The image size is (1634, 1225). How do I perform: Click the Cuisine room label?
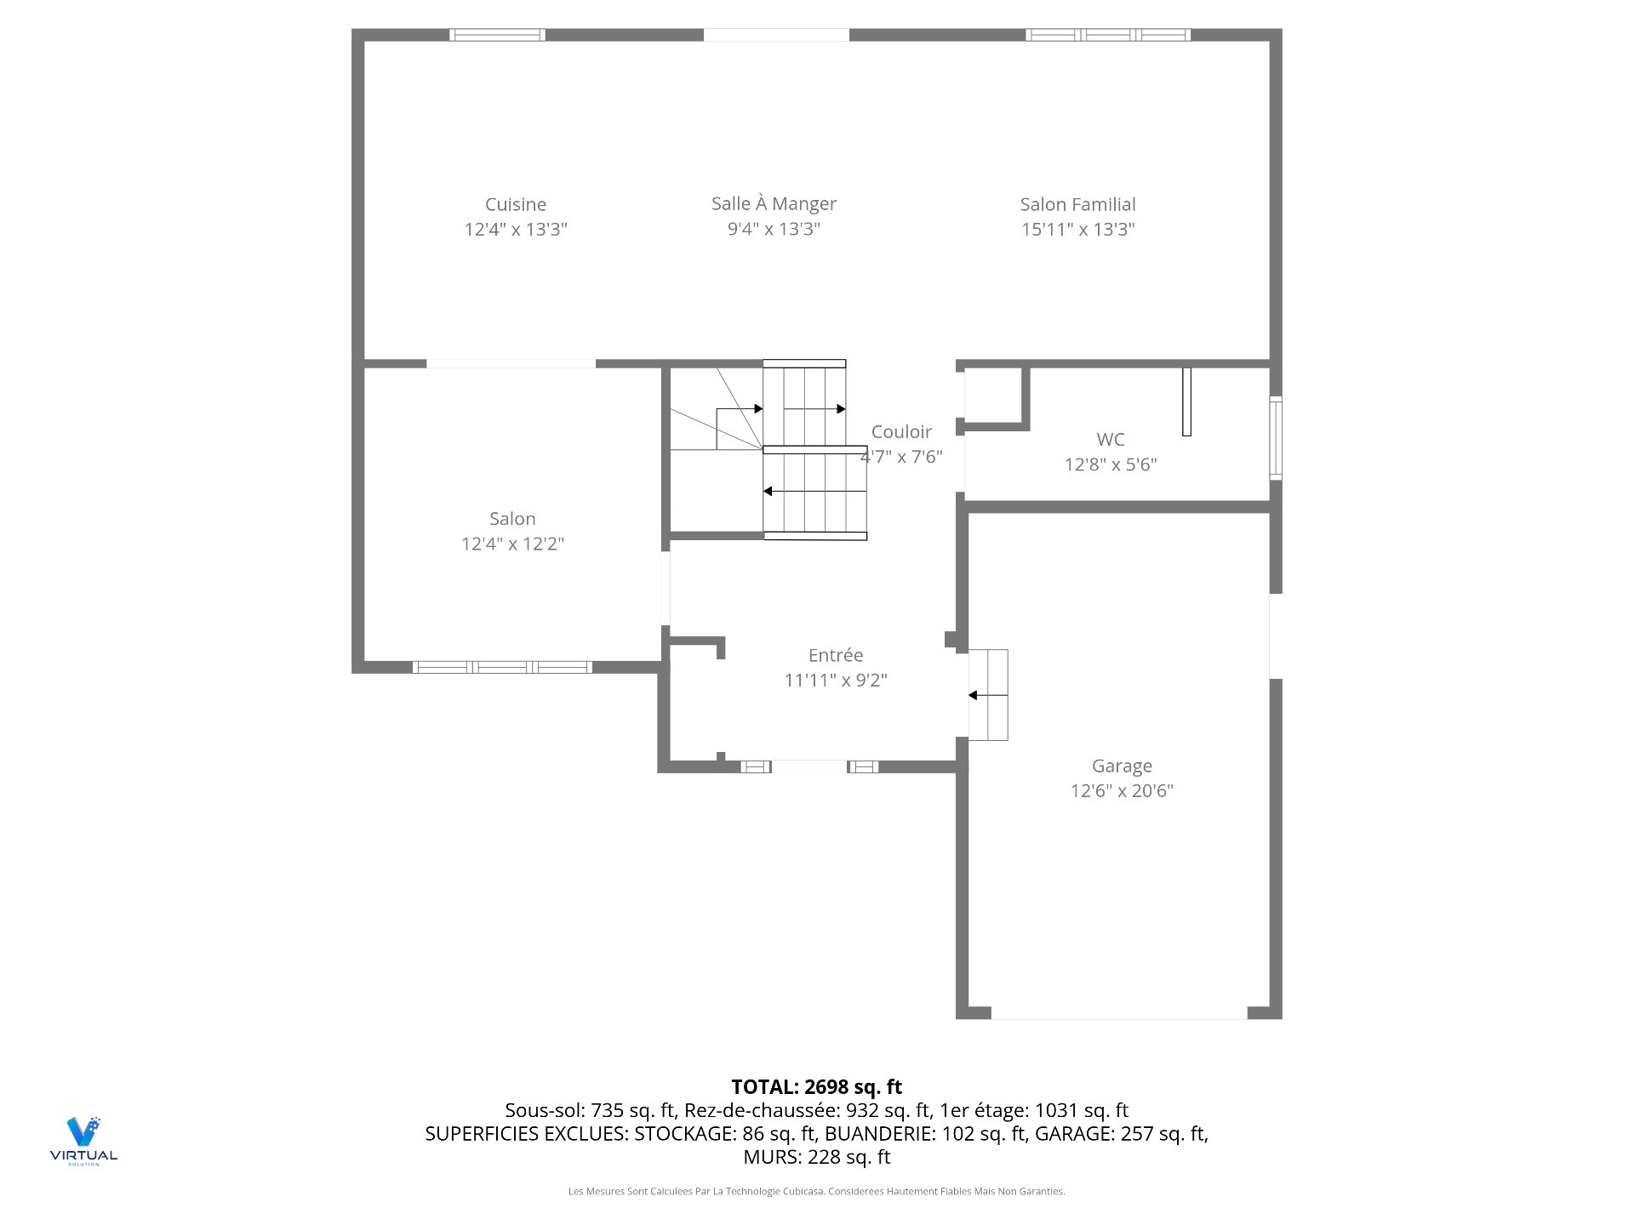[x=516, y=204]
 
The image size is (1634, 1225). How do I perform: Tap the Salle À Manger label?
[x=774, y=203]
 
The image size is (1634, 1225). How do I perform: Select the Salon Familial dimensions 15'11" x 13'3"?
[x=1077, y=229]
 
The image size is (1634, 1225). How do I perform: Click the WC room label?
[x=1110, y=439]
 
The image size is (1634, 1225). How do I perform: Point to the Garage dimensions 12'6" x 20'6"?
[x=1122, y=790]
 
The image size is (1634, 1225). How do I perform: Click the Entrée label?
[x=835, y=655]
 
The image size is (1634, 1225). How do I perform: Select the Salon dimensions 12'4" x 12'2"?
[x=512, y=544]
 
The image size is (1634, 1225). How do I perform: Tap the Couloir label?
[x=901, y=431]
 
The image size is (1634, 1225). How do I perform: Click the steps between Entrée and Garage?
[x=988, y=695]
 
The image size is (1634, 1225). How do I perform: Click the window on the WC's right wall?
[x=1275, y=438]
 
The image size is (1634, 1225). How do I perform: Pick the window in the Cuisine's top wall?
[x=497, y=35]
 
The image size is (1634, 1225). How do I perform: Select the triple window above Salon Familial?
[x=1107, y=35]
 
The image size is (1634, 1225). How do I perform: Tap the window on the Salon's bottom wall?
[x=502, y=667]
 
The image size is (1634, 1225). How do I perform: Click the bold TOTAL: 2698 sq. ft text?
[x=816, y=1086]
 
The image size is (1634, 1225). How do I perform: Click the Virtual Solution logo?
[x=83, y=1140]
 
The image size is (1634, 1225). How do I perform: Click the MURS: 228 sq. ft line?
[x=816, y=1157]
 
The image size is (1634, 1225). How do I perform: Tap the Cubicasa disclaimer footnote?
[x=816, y=1191]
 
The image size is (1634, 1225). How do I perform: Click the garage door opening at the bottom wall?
[x=1119, y=1012]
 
